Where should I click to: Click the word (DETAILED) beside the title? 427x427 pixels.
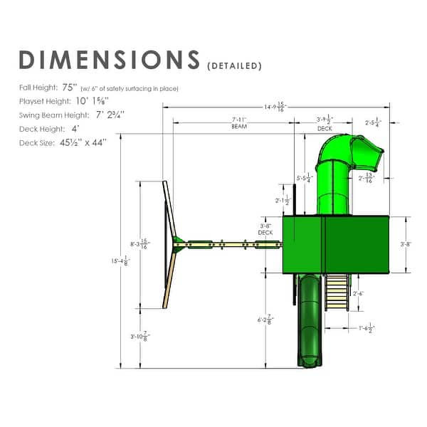tap(234, 66)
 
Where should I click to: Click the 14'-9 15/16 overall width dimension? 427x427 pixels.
tap(274, 107)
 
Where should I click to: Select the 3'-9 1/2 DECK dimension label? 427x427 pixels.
tap(324, 122)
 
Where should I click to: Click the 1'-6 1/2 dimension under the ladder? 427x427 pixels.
tap(367, 328)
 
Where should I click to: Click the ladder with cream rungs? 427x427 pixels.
tap(337, 292)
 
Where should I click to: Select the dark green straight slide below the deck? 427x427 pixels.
tap(310, 320)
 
